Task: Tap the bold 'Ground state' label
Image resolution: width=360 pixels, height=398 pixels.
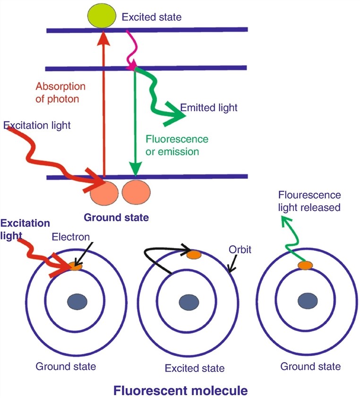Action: (x=116, y=218)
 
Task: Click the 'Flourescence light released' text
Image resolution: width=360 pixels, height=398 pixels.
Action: (x=309, y=201)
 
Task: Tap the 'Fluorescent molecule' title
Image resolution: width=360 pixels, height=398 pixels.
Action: (x=180, y=390)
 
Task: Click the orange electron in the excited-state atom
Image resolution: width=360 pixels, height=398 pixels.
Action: (x=194, y=255)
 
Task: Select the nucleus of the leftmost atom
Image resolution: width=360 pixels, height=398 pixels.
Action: (x=76, y=300)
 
